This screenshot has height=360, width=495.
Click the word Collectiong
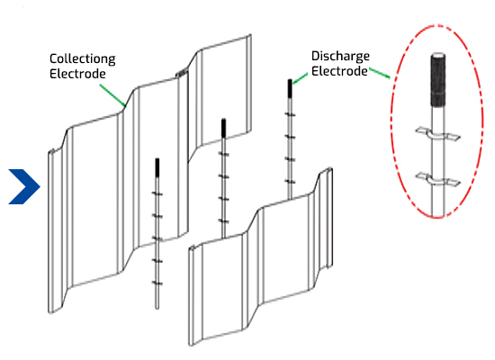[x=83, y=59]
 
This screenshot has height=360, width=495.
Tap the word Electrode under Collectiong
[x=77, y=74]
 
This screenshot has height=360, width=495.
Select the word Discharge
[x=340, y=56]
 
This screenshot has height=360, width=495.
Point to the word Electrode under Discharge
[x=339, y=71]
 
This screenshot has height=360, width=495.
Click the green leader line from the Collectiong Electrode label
[x=112, y=94]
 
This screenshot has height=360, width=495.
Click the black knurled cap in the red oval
[x=438, y=80]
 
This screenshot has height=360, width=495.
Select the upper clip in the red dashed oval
[x=438, y=134]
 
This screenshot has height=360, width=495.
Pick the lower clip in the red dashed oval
[x=438, y=179]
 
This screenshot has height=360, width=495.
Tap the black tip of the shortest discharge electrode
[x=157, y=167]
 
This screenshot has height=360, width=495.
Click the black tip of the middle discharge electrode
[x=223, y=128]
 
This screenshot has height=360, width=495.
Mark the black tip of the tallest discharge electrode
[x=290, y=88]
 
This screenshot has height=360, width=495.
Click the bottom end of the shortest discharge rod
[x=157, y=308]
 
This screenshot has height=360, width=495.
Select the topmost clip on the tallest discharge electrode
[x=290, y=114]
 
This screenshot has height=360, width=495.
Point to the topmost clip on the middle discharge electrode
[x=223, y=154]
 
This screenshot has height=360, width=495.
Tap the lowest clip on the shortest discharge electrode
[x=157, y=283]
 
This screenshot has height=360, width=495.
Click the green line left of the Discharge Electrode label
[x=300, y=78]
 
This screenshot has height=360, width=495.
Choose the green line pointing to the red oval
[x=380, y=73]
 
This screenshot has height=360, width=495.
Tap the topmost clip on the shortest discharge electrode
[x=157, y=193]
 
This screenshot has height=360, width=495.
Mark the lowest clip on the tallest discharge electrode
[x=290, y=182]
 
